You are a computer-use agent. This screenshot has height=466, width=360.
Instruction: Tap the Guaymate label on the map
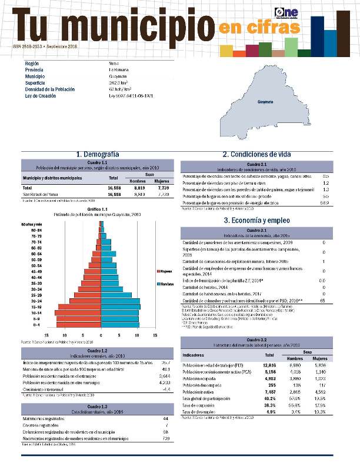point(265,102)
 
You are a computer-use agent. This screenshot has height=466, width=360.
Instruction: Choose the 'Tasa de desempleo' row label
point(202,412)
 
